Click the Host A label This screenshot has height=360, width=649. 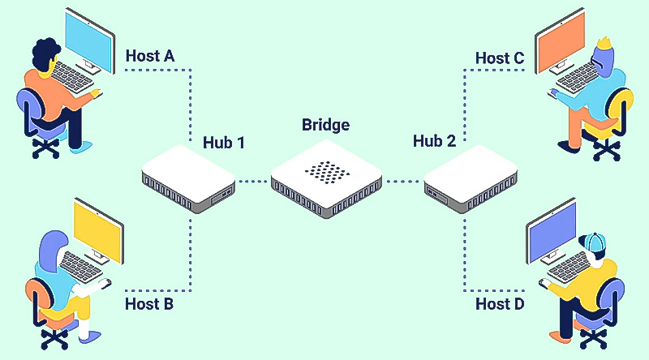click(150, 57)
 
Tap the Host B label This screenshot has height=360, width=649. click(149, 305)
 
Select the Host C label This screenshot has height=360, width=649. click(500, 58)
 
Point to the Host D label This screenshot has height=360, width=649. click(500, 304)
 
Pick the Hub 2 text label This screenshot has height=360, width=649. click(434, 141)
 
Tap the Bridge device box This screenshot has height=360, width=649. click(325, 182)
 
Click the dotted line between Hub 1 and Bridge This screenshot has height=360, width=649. click(252, 181)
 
